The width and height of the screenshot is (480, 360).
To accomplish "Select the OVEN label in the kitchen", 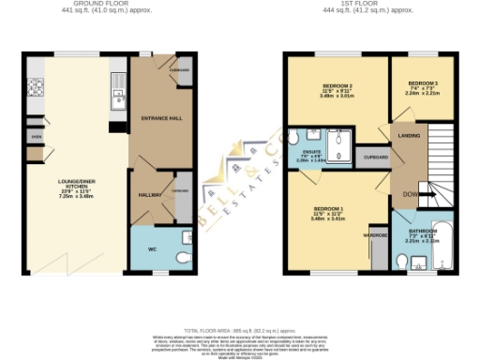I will [x=37, y=136].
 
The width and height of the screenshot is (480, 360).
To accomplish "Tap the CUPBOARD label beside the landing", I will [x=375, y=157].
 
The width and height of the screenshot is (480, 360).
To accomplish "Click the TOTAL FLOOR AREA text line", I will [x=239, y=331].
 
